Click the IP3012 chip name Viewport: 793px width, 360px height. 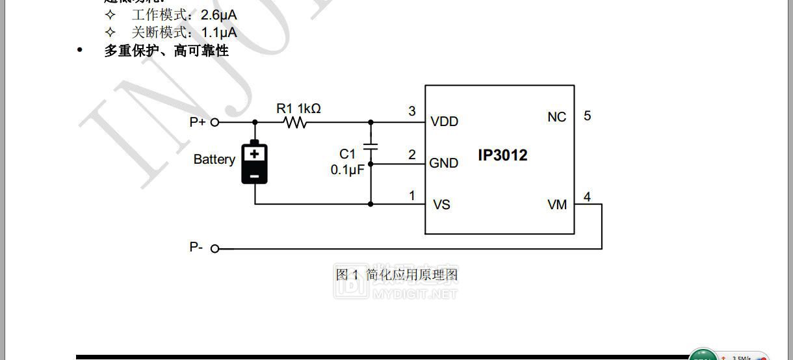coord(502,155)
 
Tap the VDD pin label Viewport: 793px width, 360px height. coord(444,122)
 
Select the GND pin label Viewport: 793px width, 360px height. coord(444,163)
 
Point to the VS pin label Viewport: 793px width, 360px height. coord(441,205)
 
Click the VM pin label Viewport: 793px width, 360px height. coord(557,205)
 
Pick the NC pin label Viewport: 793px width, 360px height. coord(557,117)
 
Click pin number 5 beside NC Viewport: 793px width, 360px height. coord(588,116)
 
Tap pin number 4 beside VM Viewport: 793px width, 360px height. coord(588,196)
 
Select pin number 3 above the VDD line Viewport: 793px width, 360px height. coord(412,111)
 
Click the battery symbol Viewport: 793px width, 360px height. coord(255,162)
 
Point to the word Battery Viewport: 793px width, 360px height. coord(214,159)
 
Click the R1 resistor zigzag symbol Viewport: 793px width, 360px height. coord(296,122)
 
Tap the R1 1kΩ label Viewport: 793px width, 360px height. coord(298,108)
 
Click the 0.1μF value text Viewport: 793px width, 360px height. coord(347,170)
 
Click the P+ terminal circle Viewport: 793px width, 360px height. coord(215,122)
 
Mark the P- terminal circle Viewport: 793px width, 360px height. coord(215,248)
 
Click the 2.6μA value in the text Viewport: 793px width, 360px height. coord(219,14)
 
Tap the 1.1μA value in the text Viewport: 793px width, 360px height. coord(219,32)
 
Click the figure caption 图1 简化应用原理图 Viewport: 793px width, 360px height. coord(396,275)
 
